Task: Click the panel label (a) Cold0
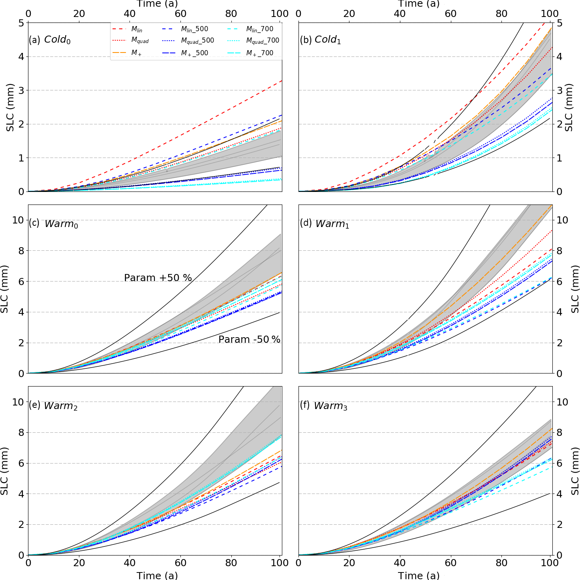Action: (x=50, y=39)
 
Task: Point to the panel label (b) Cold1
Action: (x=320, y=39)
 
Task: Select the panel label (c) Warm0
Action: (x=53, y=223)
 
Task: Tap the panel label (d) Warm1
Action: (x=324, y=223)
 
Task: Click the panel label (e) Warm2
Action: (x=53, y=405)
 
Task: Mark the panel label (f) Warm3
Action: (x=323, y=405)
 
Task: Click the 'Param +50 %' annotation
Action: (x=158, y=278)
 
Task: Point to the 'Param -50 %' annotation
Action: (x=249, y=340)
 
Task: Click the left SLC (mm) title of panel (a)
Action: (x=10, y=107)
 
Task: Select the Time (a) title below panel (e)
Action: (x=157, y=575)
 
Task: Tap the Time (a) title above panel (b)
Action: (x=419, y=4)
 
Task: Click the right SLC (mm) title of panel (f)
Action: (x=574, y=471)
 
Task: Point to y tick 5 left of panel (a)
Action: (x=21, y=23)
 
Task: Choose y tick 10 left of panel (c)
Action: (x=18, y=220)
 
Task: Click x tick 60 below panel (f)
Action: (x=450, y=563)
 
